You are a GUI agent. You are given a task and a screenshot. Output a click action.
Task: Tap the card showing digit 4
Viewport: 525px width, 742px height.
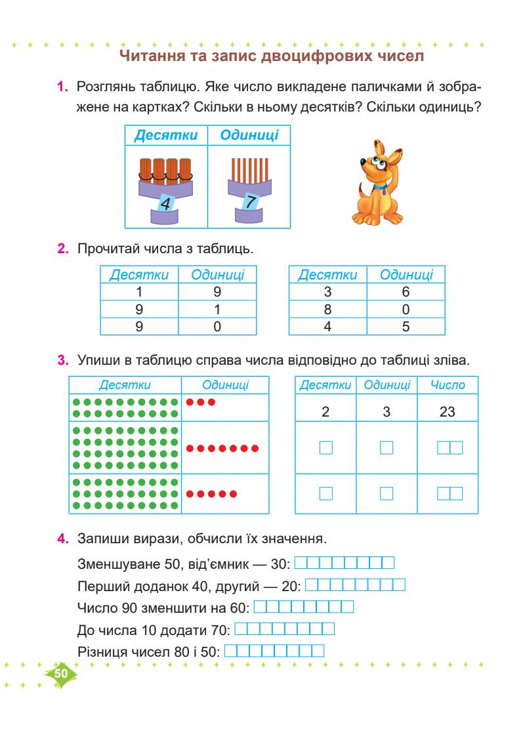pyautogui.click(x=166, y=203)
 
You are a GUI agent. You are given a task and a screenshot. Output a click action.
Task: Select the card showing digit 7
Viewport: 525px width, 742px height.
pyautogui.click(x=247, y=203)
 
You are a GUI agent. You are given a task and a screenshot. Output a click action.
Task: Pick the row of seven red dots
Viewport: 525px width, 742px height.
pyautogui.click(x=222, y=449)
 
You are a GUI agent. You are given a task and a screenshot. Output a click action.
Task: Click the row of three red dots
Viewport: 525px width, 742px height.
pyautogui.click(x=201, y=402)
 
